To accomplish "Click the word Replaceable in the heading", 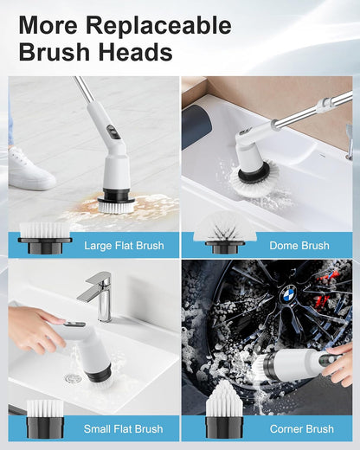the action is point(158,25).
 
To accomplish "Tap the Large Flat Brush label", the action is point(124,246).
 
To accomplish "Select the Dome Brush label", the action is point(299,246).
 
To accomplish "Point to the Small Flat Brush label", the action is point(123,429).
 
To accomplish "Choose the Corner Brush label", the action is point(302,429).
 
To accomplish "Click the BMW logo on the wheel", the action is point(287,295).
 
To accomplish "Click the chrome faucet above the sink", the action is point(97,296).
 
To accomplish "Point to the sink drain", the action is point(73,377).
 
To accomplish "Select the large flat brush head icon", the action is point(45,238).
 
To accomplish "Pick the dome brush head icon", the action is point(225,233).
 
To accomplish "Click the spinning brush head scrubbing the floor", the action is point(116,204).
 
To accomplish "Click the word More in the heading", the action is point(48,25).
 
